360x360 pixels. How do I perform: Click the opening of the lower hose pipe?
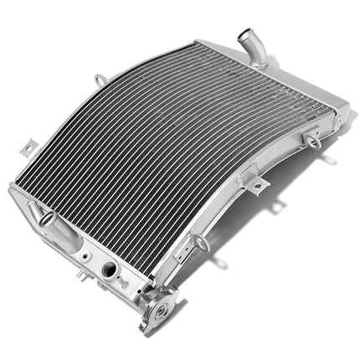pyautogui.click(x=46, y=219)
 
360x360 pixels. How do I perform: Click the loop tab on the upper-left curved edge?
pyautogui.click(x=101, y=80)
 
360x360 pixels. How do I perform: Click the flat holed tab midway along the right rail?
pyautogui.click(x=259, y=184)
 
